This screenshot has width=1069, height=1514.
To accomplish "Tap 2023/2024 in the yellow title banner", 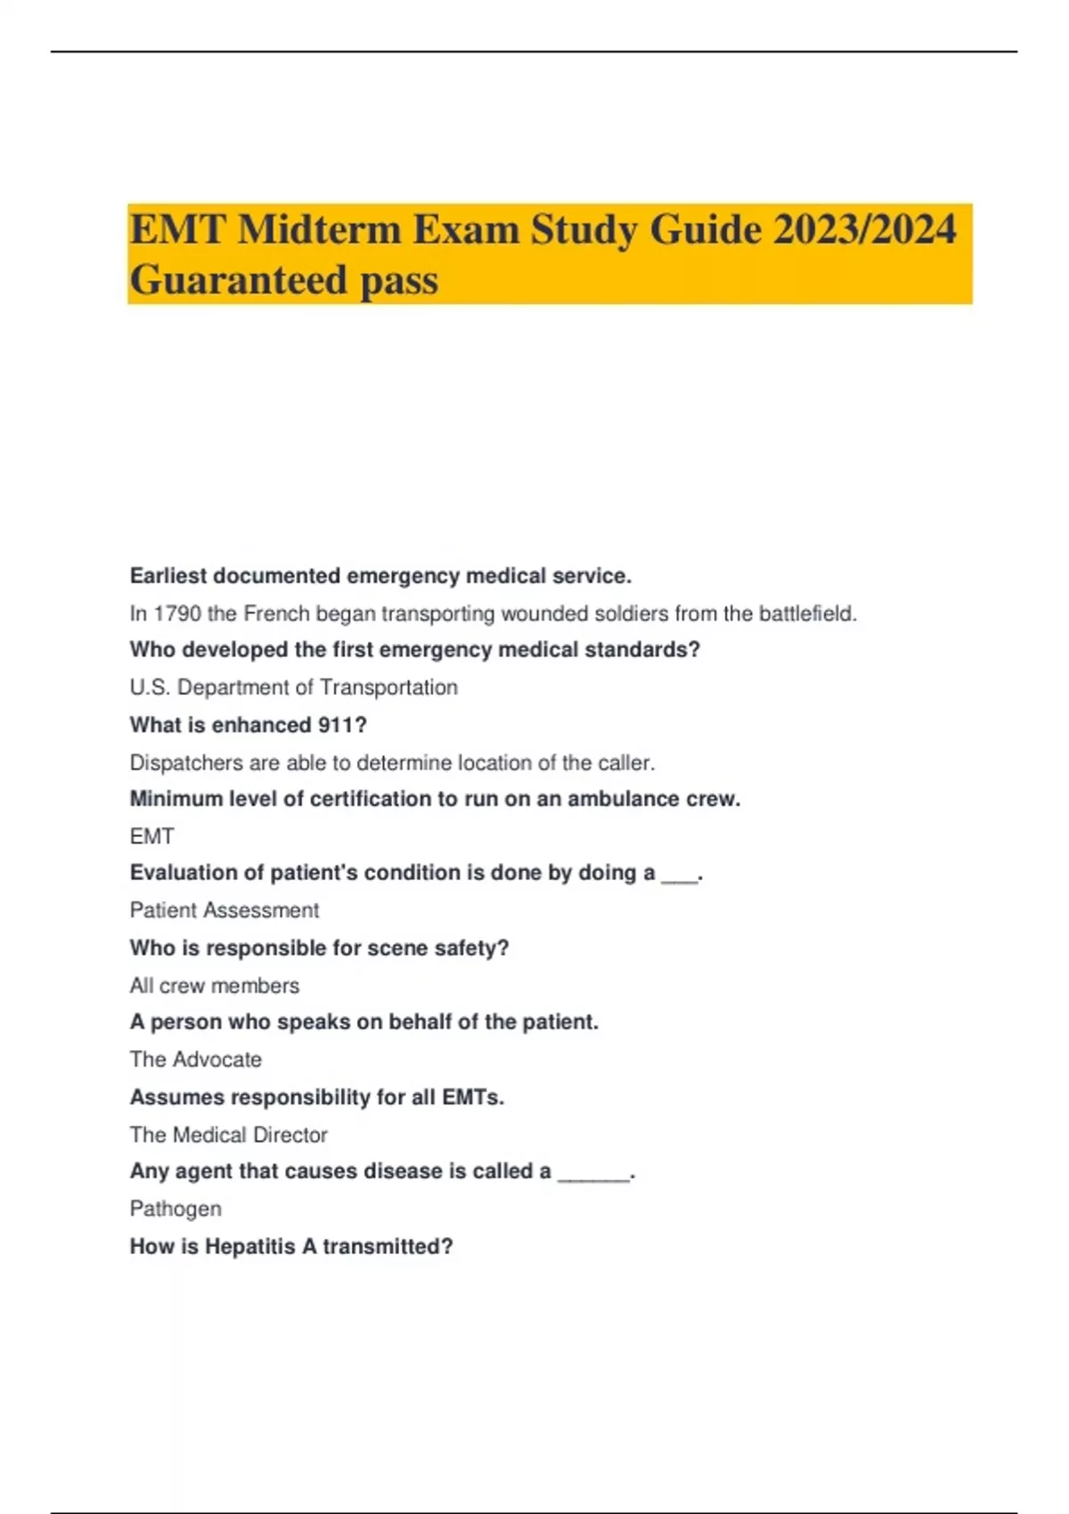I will (x=864, y=230).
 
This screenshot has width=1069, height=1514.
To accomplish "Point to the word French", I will (x=276, y=614).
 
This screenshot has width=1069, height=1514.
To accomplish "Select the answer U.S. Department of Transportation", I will (x=293, y=688).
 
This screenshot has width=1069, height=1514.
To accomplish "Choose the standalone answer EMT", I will (x=151, y=836).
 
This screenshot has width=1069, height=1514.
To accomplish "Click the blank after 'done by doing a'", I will (x=680, y=875).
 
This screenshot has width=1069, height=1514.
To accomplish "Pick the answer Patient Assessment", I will (x=224, y=910).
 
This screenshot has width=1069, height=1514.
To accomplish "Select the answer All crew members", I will (x=214, y=986).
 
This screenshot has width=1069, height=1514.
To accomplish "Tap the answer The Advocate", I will (x=195, y=1060).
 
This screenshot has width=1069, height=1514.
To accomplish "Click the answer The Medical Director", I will (x=228, y=1135).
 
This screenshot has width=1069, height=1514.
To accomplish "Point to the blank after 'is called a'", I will (x=593, y=1174).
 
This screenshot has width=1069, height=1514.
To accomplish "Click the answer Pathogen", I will (x=175, y=1209).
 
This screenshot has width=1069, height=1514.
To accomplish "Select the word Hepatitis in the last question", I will (x=249, y=1246).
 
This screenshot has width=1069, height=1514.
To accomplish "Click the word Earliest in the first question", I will (x=168, y=576).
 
